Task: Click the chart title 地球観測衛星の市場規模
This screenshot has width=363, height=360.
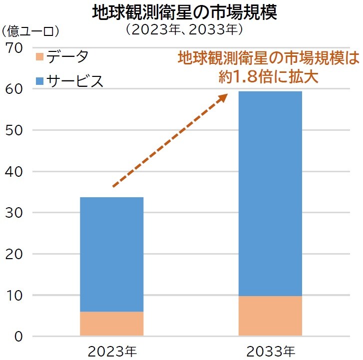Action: (x=184, y=13)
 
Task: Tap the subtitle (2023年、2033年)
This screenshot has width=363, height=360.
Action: (x=184, y=30)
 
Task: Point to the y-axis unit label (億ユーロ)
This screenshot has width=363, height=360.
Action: (x=30, y=31)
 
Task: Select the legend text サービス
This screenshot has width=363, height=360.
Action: (x=75, y=81)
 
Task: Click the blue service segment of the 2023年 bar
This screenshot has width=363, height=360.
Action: (x=111, y=254)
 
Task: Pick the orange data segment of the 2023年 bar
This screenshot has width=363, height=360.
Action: (x=111, y=324)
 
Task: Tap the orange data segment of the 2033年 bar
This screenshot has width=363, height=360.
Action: (x=270, y=316)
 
